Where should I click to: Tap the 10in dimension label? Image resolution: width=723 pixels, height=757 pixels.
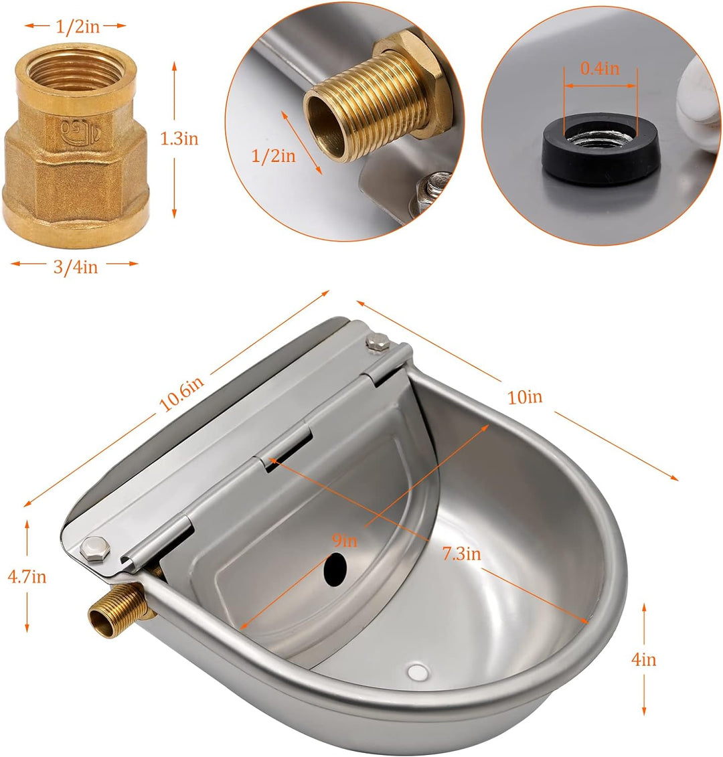[525, 397]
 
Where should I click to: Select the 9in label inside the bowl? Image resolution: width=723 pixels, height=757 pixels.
[345, 540]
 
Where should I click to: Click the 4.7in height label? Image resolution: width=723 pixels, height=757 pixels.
[26, 576]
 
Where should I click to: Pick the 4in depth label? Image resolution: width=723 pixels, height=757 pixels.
[644, 659]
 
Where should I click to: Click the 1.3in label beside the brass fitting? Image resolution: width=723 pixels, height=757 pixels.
[179, 139]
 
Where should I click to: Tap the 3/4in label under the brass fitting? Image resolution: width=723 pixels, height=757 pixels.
[74, 266]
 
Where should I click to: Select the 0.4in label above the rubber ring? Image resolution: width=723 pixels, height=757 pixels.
[600, 68]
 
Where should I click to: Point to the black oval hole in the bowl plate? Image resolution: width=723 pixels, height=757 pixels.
[335, 568]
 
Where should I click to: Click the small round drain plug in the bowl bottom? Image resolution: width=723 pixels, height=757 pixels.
[417, 670]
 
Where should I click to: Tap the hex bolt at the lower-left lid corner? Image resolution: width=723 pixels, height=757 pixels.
[92, 549]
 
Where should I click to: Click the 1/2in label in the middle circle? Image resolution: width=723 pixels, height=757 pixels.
[273, 156]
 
